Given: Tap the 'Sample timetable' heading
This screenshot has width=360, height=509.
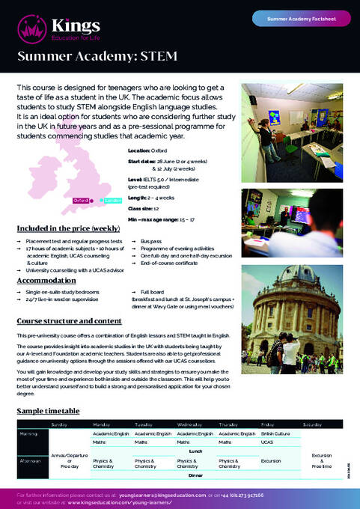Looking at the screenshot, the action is (48, 411).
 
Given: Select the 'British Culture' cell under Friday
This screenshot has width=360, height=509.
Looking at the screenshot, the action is (276, 433).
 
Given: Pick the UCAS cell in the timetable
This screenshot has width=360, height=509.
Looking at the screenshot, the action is (268, 442).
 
